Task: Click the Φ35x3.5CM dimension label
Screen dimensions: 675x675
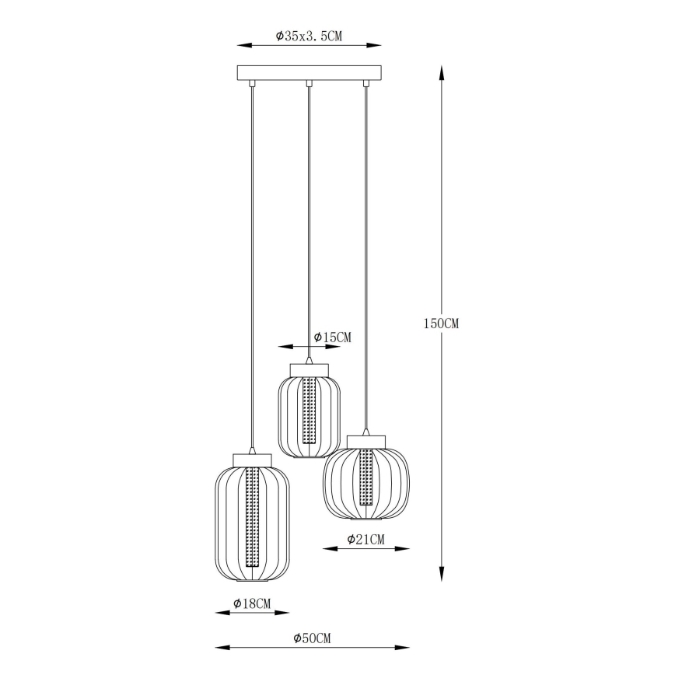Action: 310,36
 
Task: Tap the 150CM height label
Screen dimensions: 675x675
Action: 442,324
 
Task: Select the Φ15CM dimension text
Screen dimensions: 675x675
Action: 333,337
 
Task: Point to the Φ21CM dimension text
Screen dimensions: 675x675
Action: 365,539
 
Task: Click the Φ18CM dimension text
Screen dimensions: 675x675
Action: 252,603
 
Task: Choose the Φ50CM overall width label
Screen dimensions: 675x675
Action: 313,638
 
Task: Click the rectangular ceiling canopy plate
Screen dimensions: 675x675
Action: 310,73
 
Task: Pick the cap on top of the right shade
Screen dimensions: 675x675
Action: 366,441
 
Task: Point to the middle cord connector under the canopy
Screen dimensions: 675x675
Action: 309,83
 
